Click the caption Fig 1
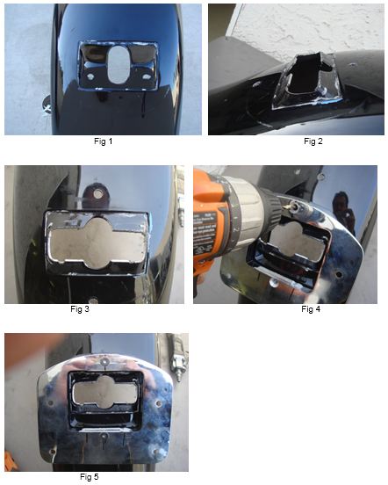click(104, 141)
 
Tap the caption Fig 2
click(313, 141)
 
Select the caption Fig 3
click(80, 308)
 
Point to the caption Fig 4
click(311, 308)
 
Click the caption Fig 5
click(90, 476)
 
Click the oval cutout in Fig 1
click(119, 65)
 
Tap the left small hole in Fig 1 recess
click(90, 76)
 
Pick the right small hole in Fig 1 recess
click(146, 76)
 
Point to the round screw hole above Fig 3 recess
click(98, 194)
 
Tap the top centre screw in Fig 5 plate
click(105, 361)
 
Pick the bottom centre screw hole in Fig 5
click(104, 437)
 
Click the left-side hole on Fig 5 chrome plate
click(50, 403)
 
